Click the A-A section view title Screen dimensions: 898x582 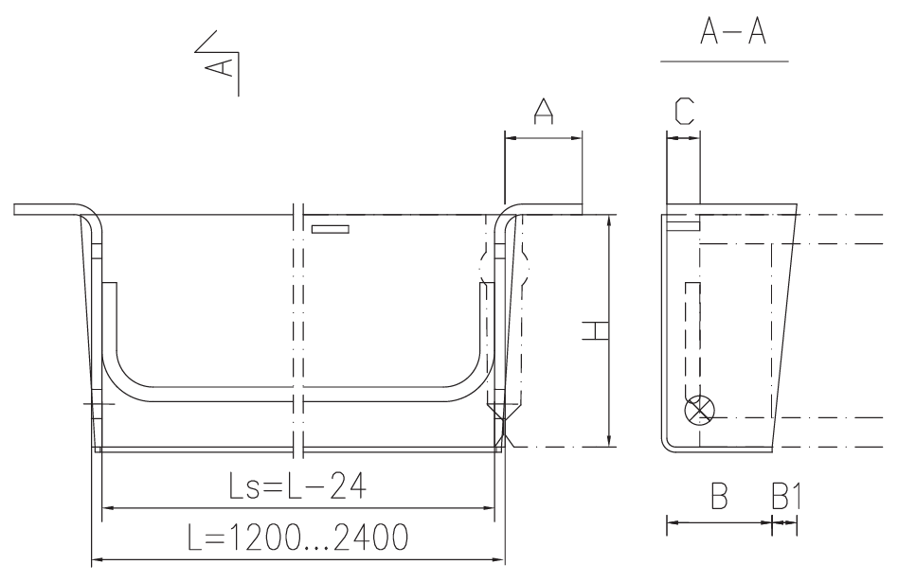[x=732, y=31]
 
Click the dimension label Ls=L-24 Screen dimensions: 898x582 [x=297, y=486]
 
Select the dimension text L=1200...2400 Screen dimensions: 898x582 [x=298, y=538]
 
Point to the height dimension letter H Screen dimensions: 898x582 [x=595, y=331]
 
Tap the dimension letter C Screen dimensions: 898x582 [x=684, y=111]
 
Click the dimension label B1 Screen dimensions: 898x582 [x=786, y=496]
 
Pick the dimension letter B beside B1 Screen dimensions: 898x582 [x=719, y=496]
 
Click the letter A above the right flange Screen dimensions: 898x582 [x=544, y=111]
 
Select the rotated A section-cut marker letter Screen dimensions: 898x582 [x=219, y=66]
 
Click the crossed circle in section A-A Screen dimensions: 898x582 [x=700, y=411]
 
